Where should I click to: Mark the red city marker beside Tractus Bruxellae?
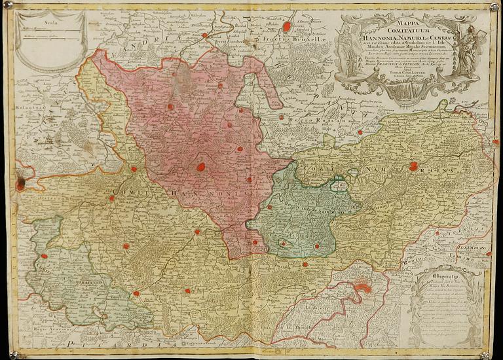286,27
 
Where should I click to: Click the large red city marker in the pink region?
201,167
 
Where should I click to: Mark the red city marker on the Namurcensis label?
413,166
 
